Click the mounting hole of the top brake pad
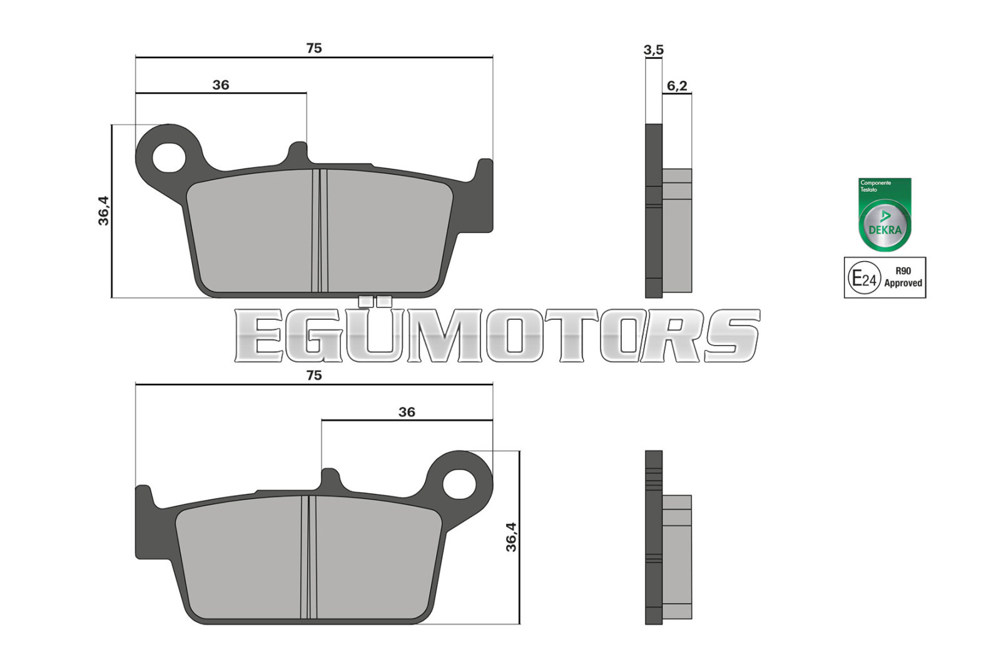pos(169,157)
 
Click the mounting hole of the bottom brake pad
pos(459,484)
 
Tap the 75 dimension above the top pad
pos(313,48)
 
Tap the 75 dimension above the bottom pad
pos(313,375)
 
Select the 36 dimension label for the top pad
pos(221,85)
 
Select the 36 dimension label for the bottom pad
pos(407,412)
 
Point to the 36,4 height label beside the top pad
pos(104,210)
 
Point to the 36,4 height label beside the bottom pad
pos(511,537)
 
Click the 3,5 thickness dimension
pos(653,50)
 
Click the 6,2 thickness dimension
pos(677,86)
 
